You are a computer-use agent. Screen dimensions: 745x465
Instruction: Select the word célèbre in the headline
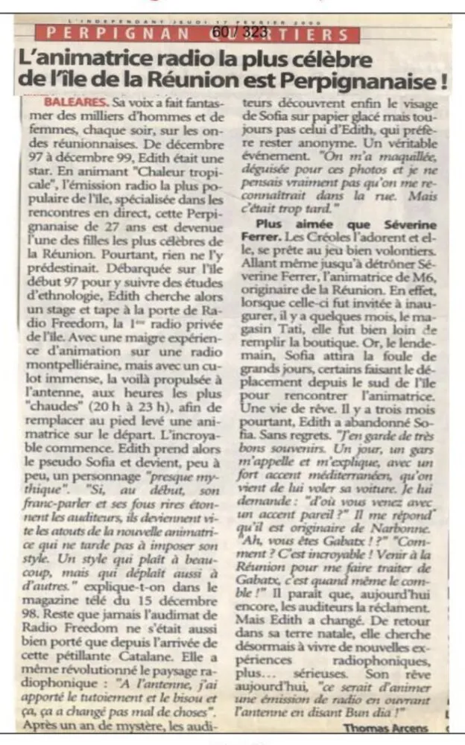tap(335, 58)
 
